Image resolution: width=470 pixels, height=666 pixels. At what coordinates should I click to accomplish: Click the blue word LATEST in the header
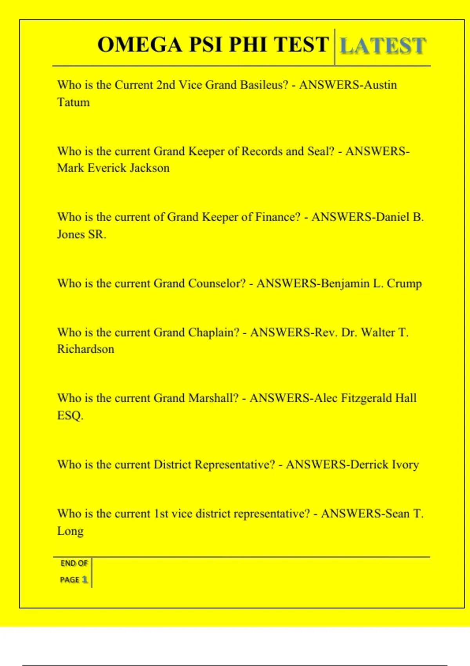(383, 45)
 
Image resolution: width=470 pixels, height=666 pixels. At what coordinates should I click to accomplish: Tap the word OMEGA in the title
(140, 44)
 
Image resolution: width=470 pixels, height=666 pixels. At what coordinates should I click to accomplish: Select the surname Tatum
(74, 102)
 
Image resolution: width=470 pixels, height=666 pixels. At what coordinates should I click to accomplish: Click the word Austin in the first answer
(380, 85)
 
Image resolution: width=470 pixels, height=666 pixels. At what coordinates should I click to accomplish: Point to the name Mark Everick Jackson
(113, 168)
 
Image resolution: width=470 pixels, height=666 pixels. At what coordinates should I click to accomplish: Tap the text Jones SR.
(81, 234)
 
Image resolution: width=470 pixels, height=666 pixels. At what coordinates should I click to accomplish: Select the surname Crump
(404, 284)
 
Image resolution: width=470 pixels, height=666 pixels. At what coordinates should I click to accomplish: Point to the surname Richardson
(86, 349)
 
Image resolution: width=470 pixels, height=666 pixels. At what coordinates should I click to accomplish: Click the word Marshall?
(213, 398)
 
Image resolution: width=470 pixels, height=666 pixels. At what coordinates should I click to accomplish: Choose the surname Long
(70, 531)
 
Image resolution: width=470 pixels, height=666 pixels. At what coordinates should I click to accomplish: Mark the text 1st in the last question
(161, 514)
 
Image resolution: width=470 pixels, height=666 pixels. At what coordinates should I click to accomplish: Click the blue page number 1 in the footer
(84, 579)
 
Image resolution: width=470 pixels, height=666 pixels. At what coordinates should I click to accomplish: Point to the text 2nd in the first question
(166, 85)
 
